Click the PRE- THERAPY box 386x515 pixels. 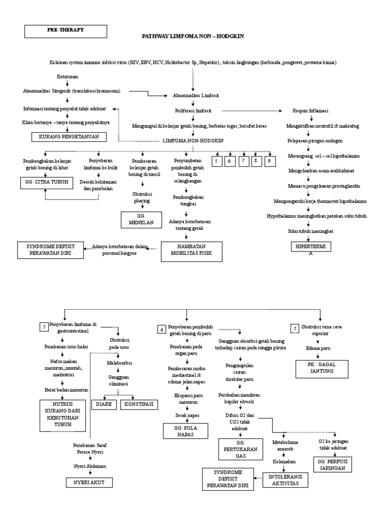[x=66, y=31]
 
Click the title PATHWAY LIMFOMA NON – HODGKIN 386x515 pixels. [x=193, y=37]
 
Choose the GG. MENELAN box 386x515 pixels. [x=140, y=220]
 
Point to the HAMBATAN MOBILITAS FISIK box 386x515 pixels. [x=191, y=251]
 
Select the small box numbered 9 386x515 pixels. [x=269, y=161]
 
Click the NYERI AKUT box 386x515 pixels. [x=89, y=482]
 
